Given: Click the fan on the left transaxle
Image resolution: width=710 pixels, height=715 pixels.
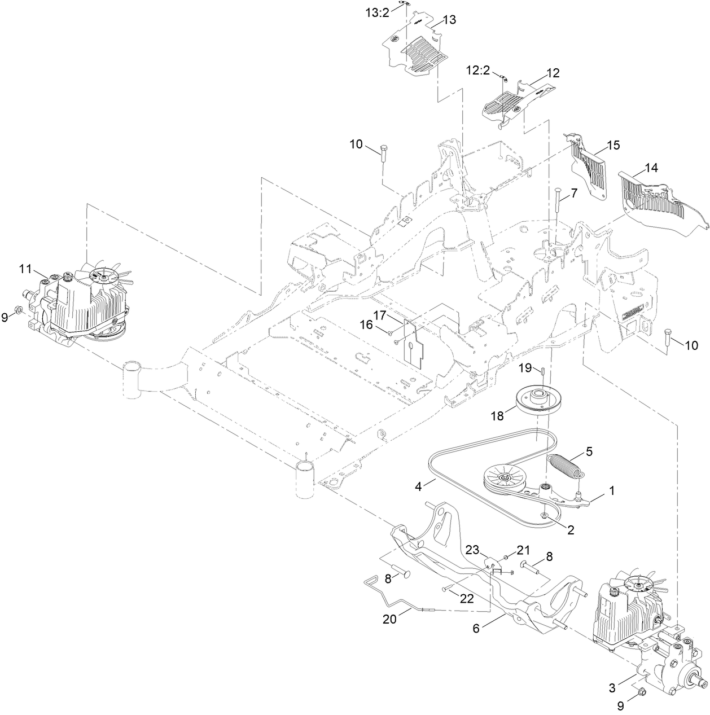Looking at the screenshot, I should tap(106, 275).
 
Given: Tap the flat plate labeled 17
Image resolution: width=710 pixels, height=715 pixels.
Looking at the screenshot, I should tap(413, 342).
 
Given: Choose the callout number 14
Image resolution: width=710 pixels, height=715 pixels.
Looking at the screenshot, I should tap(651, 168).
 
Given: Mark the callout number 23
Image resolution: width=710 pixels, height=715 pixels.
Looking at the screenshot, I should tap(472, 549).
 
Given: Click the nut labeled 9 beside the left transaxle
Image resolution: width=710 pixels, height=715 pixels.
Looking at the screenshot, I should tap(18, 309).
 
